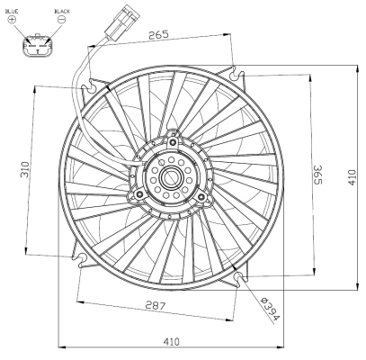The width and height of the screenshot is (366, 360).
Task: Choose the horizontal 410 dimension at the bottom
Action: click(172, 342)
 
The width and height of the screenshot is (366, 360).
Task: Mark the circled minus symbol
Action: click(60, 18)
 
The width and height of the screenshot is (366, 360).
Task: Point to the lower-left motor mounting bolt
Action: click(140, 192)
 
